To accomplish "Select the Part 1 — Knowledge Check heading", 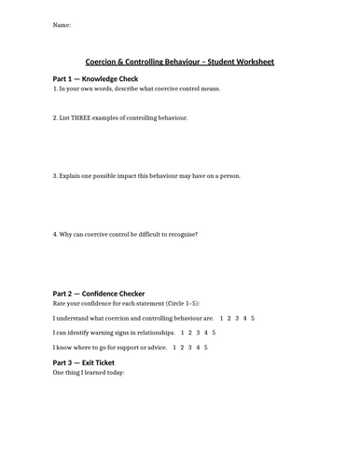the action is [99, 80].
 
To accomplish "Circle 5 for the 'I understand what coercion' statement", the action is [252, 319].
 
